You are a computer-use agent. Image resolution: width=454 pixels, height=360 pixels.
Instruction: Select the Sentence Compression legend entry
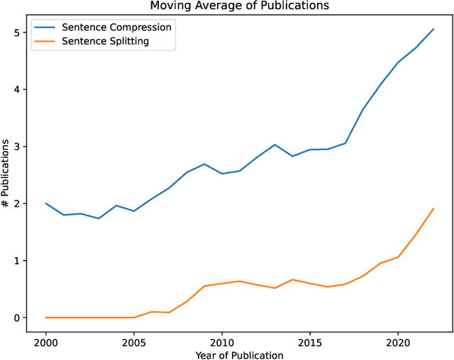pos(117,28)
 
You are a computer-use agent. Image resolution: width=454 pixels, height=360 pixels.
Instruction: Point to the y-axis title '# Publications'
pos(6,174)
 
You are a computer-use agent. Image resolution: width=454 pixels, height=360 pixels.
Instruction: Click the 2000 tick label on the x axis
pos(46,341)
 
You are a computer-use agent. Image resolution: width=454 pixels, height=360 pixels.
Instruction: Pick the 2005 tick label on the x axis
pos(134,341)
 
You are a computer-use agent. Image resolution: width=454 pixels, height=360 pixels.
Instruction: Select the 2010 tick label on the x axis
pos(222,341)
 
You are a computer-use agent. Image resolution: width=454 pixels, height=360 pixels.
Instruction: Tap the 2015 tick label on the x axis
pos(310,341)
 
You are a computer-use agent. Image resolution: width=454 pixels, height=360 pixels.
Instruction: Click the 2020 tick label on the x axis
pos(398,341)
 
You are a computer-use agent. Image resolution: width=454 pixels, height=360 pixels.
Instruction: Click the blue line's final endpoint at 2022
pos(433,29)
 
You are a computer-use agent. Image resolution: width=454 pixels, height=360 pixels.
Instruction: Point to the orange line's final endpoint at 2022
pos(433,208)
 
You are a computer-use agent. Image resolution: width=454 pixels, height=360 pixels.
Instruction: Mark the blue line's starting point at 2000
pos(46,203)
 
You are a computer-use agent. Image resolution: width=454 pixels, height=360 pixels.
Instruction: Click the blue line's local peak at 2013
pos(275,145)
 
